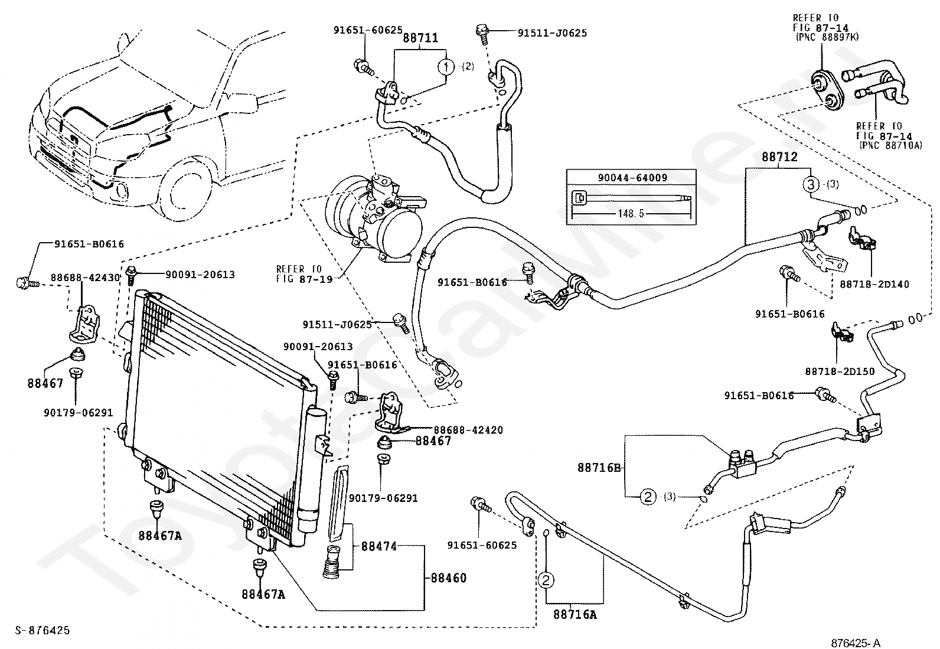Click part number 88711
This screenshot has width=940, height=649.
tap(420, 38)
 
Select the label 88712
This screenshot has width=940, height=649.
tap(780, 157)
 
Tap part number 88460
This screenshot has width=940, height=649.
tap(449, 578)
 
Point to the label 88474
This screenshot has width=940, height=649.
tap(379, 546)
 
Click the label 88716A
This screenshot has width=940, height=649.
tap(575, 615)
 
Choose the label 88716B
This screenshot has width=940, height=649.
tap(599, 468)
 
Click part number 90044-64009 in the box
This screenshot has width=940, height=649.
tap(632, 178)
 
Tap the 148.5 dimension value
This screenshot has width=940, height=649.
tap(630, 214)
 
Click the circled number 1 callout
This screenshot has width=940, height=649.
tap(446, 67)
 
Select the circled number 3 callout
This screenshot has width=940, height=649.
tap(811, 184)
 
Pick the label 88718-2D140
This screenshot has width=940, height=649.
tap(874, 284)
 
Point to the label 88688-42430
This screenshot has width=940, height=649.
tap(86, 278)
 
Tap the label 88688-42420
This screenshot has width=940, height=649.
tap(468, 430)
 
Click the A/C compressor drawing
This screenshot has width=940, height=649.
tap(375, 218)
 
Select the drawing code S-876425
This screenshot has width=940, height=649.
tap(43, 631)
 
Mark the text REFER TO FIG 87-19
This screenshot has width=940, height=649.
tap(304, 273)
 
